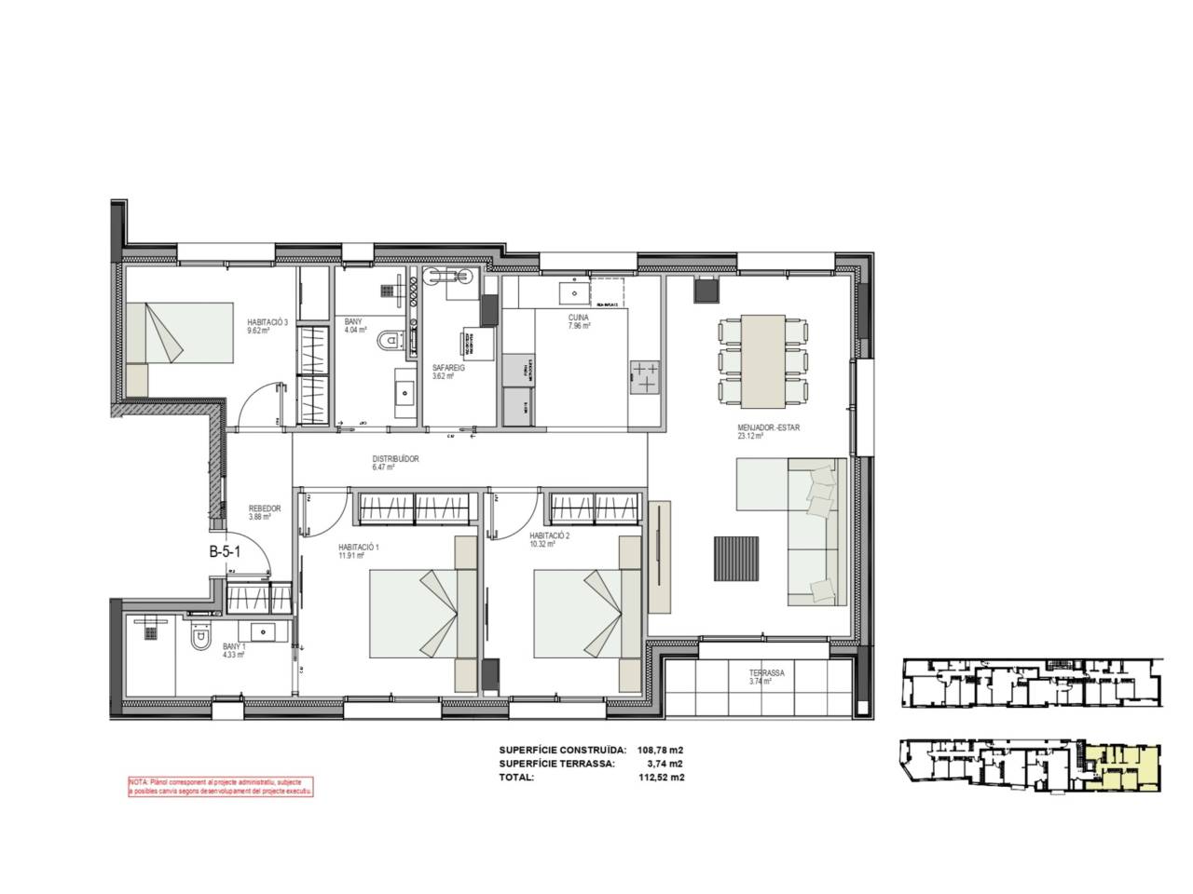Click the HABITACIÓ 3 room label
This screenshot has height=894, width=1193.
click(x=267, y=322)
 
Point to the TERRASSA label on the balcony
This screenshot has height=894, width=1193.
click(x=765, y=672)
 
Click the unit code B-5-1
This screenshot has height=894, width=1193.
click(x=225, y=551)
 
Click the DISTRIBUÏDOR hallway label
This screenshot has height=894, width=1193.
click(x=396, y=459)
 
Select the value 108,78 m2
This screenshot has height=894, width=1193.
click(x=660, y=749)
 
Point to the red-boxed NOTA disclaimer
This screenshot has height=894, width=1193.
click(x=221, y=787)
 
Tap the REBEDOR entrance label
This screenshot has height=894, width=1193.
click(x=265, y=508)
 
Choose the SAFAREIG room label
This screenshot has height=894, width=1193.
click(x=447, y=368)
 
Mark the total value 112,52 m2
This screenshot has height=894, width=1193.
click(x=660, y=777)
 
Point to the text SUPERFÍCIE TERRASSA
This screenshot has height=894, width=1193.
click(x=556, y=763)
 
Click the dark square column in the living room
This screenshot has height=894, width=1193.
click(x=706, y=291)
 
